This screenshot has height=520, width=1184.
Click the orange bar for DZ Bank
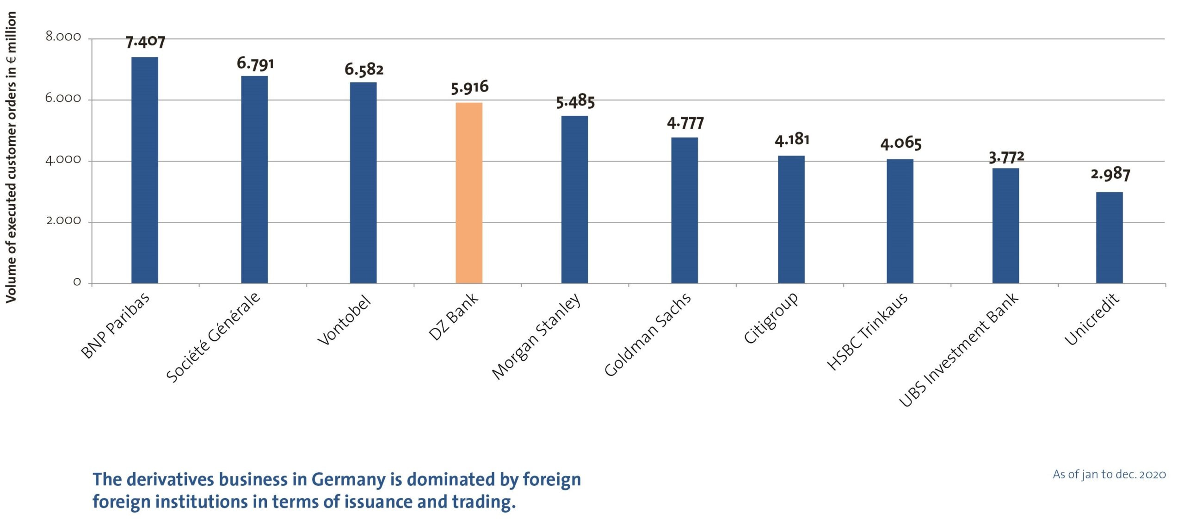pyautogui.click(x=469, y=193)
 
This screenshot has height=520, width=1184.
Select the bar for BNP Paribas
pyautogui.click(x=145, y=170)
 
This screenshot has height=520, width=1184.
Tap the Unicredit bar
pyautogui.click(x=1109, y=238)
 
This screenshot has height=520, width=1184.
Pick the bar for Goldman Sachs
pyautogui.click(x=684, y=210)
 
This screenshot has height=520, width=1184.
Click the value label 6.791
pyautogui.click(x=255, y=63)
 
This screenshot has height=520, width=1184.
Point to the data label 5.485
pyautogui.click(x=575, y=101)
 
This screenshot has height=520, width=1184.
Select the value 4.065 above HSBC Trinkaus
pyautogui.click(x=900, y=144)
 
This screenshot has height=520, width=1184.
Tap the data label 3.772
pyautogui.click(x=1006, y=157)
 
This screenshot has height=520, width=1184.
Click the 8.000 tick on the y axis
pyautogui.click(x=63, y=37)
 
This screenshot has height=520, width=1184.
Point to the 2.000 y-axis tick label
pyautogui.click(x=63, y=221)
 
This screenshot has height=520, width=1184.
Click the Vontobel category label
pyautogui.click(x=345, y=320)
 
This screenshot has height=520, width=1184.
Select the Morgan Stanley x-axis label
pyautogui.click(x=536, y=336)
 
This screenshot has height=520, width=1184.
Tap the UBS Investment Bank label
pyautogui.click(x=958, y=350)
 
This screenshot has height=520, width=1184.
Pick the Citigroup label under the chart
pyautogui.click(x=771, y=318)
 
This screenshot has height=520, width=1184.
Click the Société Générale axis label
pyautogui.click(x=214, y=337)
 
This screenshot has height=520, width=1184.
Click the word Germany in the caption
pyautogui.click(x=348, y=480)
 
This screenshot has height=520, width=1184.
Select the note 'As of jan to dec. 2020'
pyautogui.click(x=1109, y=475)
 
